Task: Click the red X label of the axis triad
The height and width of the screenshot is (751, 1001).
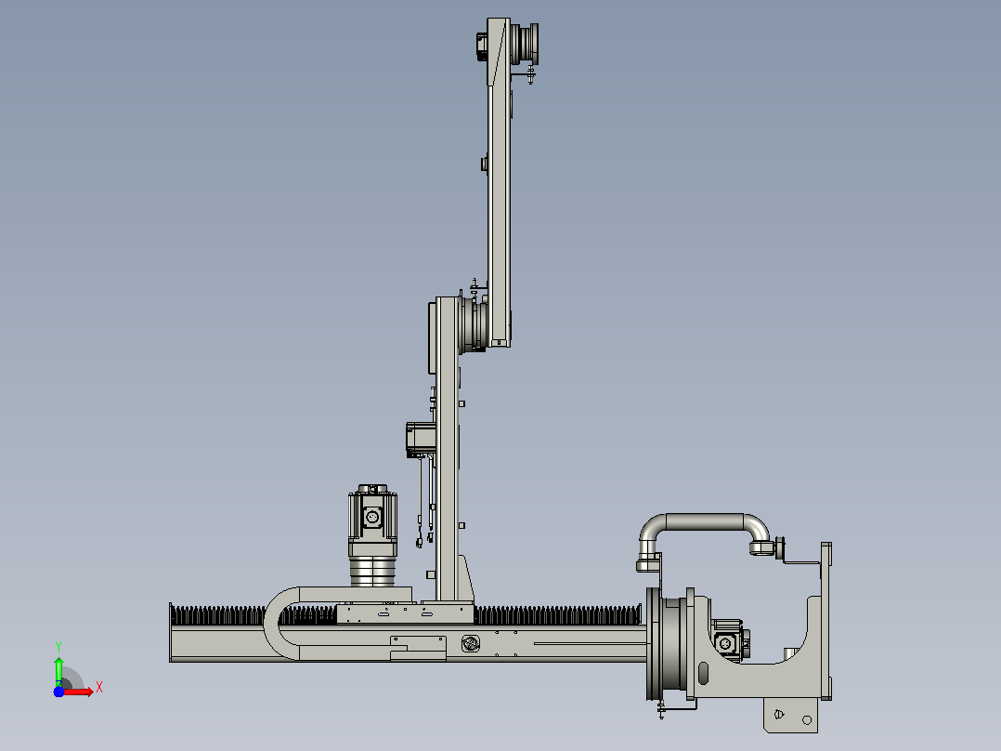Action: pos(99,688)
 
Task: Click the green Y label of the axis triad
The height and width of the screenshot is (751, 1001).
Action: pos(58,647)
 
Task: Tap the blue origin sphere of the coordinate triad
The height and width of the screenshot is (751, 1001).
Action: pos(58,692)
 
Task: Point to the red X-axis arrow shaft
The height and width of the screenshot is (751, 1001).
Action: pos(75,692)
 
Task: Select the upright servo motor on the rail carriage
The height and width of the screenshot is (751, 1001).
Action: pos(373,534)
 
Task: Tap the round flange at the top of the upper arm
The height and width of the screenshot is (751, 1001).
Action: pos(526,43)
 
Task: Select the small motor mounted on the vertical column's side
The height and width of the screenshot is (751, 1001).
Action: pos(422,439)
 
